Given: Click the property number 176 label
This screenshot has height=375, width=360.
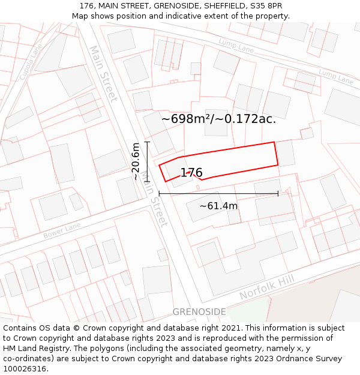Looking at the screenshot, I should tap(191, 173).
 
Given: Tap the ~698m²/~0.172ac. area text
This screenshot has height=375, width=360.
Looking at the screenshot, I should tap(218, 119).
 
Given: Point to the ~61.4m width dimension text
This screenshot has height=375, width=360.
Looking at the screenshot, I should tap(218, 206).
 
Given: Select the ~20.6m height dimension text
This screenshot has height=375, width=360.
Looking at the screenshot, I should tap(136, 161).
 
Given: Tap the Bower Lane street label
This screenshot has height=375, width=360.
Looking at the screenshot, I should tap(62, 231).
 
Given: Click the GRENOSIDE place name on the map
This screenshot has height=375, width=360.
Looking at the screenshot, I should tap(199, 312).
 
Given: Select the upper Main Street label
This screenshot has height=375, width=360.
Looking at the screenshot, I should tap(103, 73).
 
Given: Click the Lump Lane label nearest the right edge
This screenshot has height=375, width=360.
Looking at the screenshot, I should tap(335, 76).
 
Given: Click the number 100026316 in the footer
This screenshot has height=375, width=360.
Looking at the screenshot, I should tap(25, 369).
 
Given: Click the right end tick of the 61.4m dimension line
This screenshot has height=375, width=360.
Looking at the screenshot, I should tap(278, 193).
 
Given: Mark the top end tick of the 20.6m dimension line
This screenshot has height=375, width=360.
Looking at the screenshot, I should tap(147, 142).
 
